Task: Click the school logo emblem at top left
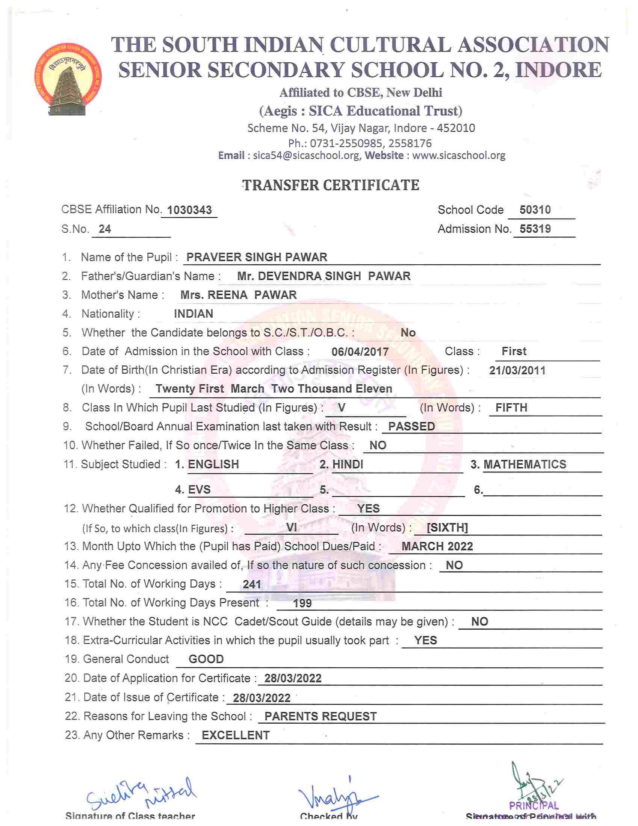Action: coord(67,79)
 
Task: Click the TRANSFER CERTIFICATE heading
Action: coord(331,185)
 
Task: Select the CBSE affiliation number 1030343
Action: coord(189,210)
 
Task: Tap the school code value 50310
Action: coord(535,210)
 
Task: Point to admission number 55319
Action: coord(535,229)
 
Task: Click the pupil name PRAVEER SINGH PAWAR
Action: coord(257,257)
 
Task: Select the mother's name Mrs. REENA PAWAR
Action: coord(239,295)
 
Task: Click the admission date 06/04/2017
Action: coord(360,352)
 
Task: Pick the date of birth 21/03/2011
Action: coord(517,370)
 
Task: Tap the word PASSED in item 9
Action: coord(411,427)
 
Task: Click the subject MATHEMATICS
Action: coord(525,464)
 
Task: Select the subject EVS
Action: coord(199,490)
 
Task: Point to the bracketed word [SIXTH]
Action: coord(447,527)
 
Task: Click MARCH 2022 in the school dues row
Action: coord(437,547)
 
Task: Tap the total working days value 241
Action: coord(252,585)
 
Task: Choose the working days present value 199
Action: coord(302,603)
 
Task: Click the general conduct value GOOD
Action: coord(206,659)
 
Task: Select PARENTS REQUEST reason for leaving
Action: coord(320,716)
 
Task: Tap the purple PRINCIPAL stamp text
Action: coord(533,806)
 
